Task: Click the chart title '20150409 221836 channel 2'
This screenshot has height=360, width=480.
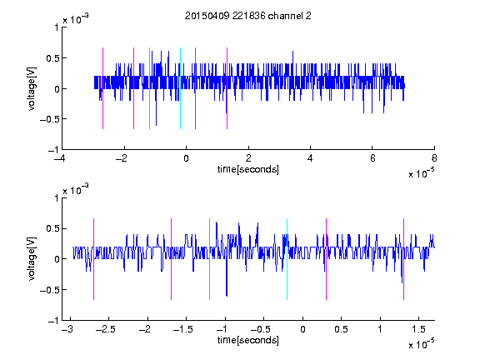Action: pyautogui.click(x=248, y=16)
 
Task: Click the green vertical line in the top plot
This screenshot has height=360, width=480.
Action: pyautogui.click(x=149, y=88)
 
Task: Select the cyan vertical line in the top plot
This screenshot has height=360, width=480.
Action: pyautogui.click(x=180, y=88)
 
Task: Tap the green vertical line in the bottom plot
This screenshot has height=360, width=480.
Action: pyautogui.click(x=209, y=259)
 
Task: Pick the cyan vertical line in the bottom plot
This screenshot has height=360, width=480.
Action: pyautogui.click(x=287, y=259)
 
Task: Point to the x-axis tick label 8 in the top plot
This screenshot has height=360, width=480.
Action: pyautogui.click(x=434, y=158)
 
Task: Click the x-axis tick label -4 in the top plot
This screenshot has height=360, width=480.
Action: pyautogui.click(x=59, y=158)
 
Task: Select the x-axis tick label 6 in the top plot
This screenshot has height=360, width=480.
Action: pyautogui.click(x=372, y=158)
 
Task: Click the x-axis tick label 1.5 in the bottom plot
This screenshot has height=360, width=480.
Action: pyautogui.click(x=418, y=329)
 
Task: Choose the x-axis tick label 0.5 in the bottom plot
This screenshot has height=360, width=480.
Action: pyautogui.click(x=341, y=329)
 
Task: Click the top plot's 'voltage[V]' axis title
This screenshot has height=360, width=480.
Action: pyautogui.click(x=32, y=88)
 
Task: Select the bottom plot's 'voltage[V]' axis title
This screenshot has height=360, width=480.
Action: pyautogui.click(x=32, y=258)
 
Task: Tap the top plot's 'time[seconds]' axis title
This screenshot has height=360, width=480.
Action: pyautogui.click(x=248, y=169)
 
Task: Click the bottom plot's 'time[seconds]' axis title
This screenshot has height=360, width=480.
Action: pyautogui.click(x=248, y=340)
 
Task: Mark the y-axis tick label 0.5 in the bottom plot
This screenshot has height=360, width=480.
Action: pyautogui.click(x=52, y=228)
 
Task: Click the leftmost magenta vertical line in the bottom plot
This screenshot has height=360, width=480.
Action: pyautogui.click(x=93, y=259)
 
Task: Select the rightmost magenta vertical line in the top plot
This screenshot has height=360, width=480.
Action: pyautogui.click(x=227, y=88)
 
